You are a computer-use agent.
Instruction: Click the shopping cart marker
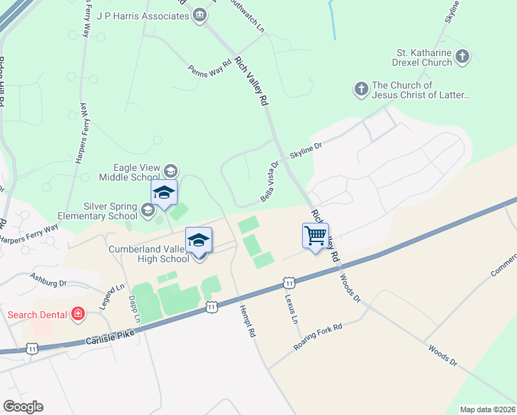(315, 236)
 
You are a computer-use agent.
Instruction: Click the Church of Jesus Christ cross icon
(361, 89)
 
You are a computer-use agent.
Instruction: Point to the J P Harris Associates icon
(200, 15)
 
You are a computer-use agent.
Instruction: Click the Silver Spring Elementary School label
(111, 210)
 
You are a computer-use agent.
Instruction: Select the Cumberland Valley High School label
(148, 254)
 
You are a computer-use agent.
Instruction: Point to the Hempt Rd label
(247, 322)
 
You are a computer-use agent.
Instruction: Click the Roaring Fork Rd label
(318, 337)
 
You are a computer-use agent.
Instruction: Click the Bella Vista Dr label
(270, 182)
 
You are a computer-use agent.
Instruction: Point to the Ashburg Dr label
(48, 279)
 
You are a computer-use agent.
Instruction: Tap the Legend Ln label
(111, 296)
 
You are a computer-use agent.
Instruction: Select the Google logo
(23, 407)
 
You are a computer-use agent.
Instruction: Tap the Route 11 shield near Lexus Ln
(289, 282)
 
